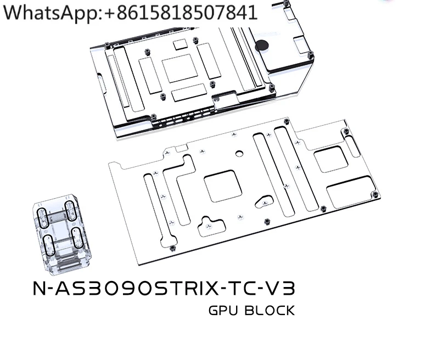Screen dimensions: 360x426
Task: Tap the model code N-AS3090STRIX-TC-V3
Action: tap(164, 289)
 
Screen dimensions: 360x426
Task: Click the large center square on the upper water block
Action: tap(179, 69)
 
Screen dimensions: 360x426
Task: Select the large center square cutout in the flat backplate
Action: tap(223, 186)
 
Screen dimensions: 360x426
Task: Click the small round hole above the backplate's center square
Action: tap(239, 155)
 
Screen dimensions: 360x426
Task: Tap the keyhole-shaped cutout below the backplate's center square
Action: tap(209, 225)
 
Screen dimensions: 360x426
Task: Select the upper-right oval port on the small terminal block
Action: tap(70, 210)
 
